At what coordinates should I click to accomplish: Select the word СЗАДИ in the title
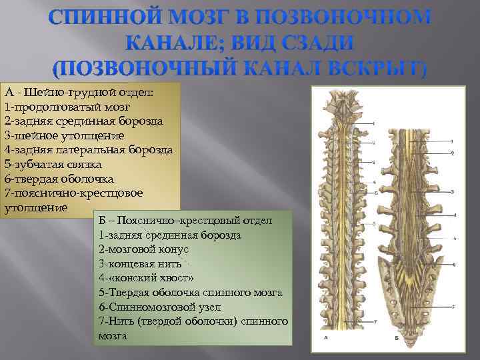pyautogui.click(x=315, y=43)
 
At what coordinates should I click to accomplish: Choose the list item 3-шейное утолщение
pyautogui.click(x=64, y=135)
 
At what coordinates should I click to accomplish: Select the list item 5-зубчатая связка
pyautogui.click(x=53, y=165)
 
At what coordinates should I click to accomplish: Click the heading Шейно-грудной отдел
pyautogui.click(x=88, y=92)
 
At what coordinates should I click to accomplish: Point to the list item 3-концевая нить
pyautogui.click(x=139, y=263)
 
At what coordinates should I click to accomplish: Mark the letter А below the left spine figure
pyautogui.click(x=325, y=338)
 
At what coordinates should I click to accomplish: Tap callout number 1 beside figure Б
pyautogui.click(x=452, y=141)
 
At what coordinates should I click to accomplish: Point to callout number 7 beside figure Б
pyautogui.click(x=453, y=307)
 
